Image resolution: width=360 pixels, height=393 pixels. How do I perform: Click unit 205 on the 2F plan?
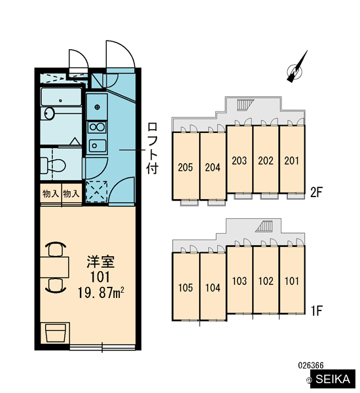185,166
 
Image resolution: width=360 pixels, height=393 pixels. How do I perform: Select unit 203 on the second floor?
240,159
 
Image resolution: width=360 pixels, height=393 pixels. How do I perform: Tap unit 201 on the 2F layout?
292,159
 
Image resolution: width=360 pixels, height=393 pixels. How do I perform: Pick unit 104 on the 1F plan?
213,287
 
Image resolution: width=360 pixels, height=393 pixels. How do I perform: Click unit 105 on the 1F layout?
185,287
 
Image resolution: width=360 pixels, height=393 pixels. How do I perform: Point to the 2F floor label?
316,192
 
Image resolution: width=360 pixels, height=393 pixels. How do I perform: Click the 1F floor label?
316,310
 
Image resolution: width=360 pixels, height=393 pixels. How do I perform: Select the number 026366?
311,365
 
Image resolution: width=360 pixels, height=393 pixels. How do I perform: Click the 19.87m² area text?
101,293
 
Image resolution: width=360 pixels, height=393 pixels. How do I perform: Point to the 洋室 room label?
101,261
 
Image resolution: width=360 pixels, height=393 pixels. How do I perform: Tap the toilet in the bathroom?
53,165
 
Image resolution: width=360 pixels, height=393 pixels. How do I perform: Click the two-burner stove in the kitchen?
98,127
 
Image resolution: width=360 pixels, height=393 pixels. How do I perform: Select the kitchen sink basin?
98,146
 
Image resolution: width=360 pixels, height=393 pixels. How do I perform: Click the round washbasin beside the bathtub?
49,113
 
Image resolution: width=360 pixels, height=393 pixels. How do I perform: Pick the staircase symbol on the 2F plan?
245,105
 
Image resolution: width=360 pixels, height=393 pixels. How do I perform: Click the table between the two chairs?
54,267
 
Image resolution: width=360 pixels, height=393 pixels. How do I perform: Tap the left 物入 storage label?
50,194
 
